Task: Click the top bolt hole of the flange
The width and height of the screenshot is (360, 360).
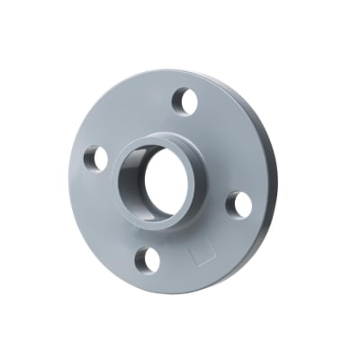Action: [184, 102]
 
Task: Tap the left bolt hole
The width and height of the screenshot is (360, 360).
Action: [95, 158]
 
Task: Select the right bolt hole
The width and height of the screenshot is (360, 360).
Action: [238, 204]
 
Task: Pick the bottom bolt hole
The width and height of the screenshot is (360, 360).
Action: [147, 259]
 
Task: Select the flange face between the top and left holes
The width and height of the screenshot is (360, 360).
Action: [130, 117]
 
